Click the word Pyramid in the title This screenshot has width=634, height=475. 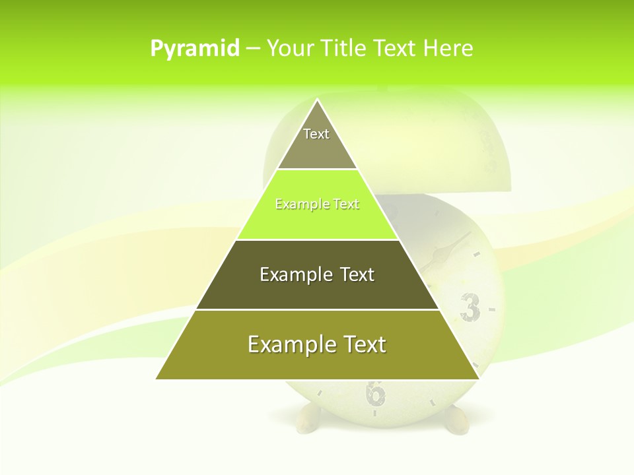[x=195, y=49]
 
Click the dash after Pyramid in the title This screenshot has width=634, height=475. [x=253, y=49]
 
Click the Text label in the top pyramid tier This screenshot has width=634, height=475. [x=316, y=134]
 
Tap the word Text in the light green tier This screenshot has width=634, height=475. [x=347, y=205]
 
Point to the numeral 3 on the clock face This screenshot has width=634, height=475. [x=470, y=307]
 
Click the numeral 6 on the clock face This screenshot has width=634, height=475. [x=375, y=393]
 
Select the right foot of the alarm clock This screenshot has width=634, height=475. [x=456, y=421]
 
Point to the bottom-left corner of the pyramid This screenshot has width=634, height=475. [x=157, y=379]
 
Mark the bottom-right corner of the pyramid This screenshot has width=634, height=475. [x=479, y=379]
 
